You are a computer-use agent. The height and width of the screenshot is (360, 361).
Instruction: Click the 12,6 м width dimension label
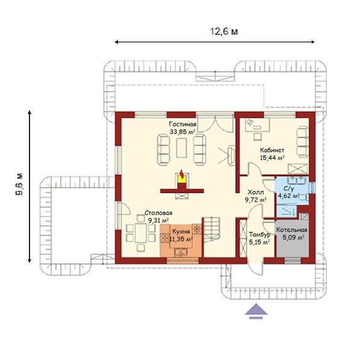[x=224, y=32]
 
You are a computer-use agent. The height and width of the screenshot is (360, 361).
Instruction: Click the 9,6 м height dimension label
[x=19, y=184]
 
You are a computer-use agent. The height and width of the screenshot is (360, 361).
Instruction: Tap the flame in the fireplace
[x=182, y=174]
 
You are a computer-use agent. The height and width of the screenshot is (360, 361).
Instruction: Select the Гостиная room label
[x=182, y=125]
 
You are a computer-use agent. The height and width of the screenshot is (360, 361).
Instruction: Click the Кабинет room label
[x=272, y=151]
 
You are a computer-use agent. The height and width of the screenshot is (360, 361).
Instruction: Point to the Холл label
[x=256, y=192]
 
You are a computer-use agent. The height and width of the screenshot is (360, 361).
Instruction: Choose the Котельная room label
[x=292, y=230]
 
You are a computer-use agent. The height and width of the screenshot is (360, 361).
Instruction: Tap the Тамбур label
[x=259, y=235]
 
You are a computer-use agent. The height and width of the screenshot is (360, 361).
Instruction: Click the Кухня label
[x=181, y=232]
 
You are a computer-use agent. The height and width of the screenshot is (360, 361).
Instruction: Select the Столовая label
[x=158, y=213]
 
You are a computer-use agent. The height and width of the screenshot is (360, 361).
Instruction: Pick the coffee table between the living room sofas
[x=182, y=148]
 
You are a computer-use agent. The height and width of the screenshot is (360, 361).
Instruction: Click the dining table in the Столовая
[x=141, y=232]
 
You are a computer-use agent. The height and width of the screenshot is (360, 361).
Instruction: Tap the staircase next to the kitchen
[x=212, y=229]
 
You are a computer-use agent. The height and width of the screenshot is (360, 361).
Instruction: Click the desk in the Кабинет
[x=257, y=125]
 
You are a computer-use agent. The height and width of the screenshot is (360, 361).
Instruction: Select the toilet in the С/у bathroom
[x=304, y=197]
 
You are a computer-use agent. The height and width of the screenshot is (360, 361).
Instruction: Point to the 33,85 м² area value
[x=182, y=132]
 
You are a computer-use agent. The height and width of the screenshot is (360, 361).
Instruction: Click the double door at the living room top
[x=215, y=123]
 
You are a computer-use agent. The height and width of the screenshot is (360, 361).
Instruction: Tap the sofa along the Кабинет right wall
[x=302, y=141]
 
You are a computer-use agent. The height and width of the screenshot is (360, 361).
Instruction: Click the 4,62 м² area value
[x=289, y=196]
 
